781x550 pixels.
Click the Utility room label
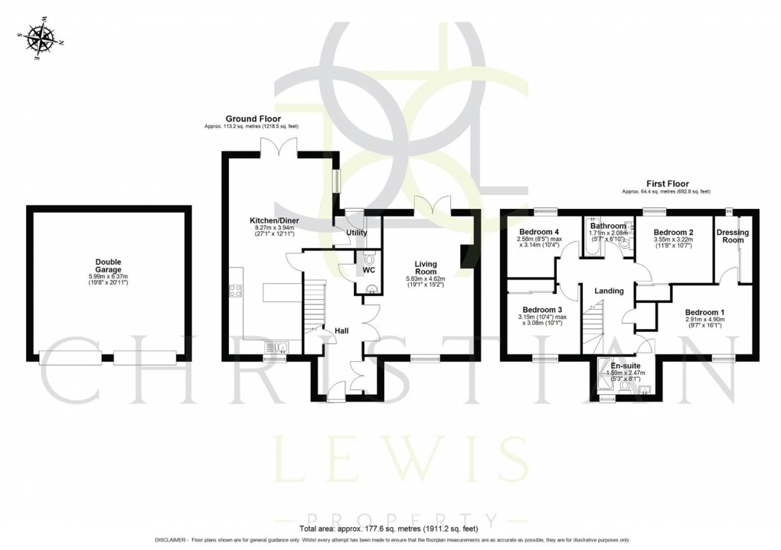[x=357, y=233]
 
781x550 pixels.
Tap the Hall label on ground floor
[x=341, y=330]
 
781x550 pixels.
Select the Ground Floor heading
[x=253, y=119]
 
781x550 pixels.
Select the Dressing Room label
[x=733, y=236]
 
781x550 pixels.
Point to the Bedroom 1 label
[x=704, y=312]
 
